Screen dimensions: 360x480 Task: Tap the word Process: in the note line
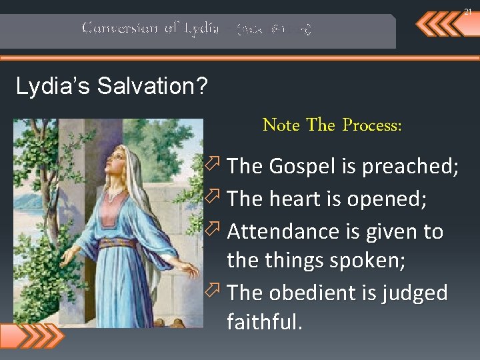(372, 125)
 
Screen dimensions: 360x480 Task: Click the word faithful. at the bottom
(265, 323)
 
